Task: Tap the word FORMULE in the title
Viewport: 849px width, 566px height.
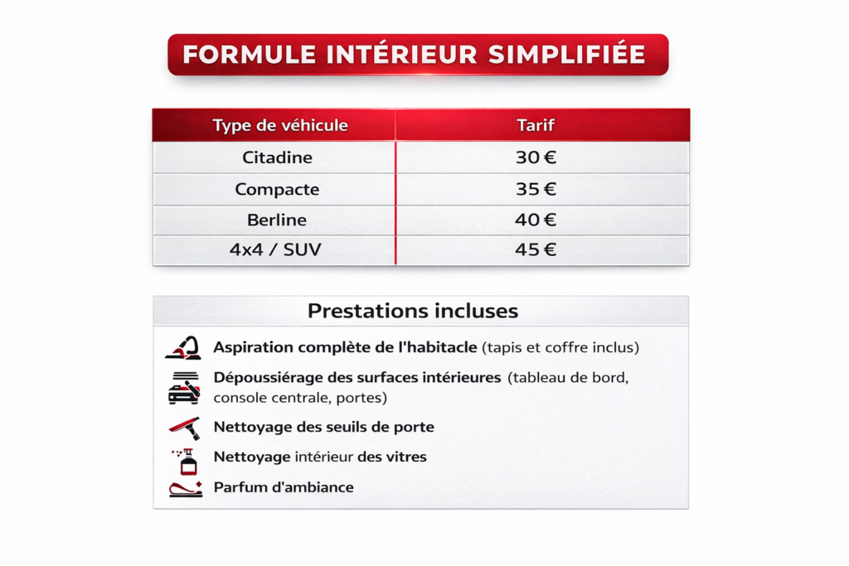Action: [249, 55]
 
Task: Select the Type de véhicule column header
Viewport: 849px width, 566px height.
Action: [280, 125]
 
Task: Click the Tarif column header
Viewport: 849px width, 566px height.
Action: [536, 125]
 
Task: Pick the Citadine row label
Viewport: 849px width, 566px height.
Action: [277, 157]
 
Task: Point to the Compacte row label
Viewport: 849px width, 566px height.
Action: [277, 190]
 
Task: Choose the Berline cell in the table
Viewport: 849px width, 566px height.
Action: [277, 220]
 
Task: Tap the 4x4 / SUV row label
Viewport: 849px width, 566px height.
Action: [275, 249]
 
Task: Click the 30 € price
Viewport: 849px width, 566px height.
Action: [536, 157]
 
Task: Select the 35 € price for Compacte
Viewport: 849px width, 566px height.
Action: [536, 189]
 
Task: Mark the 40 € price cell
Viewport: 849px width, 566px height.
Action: [536, 220]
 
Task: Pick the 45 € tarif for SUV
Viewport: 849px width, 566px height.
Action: [536, 249]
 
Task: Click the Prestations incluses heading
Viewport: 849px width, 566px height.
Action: [413, 311]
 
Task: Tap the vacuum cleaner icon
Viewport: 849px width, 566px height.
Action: [183, 347]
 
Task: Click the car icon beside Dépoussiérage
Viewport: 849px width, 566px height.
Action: [184, 388]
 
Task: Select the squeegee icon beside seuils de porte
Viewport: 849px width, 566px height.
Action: [185, 428]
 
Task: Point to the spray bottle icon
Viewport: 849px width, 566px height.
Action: [185, 462]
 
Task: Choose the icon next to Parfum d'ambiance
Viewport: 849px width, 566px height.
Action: [186, 489]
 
